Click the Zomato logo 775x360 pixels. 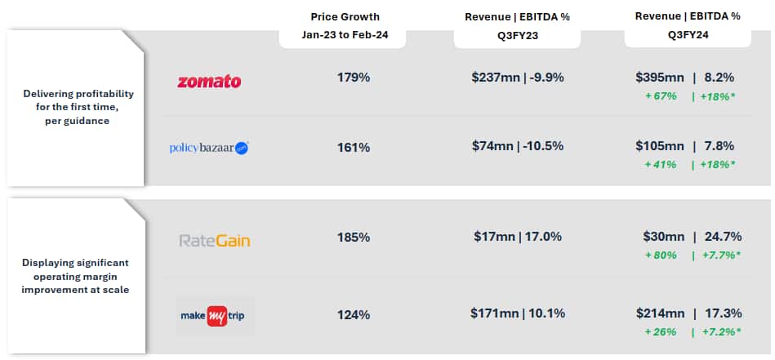coord(209,81)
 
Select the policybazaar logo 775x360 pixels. coord(209,148)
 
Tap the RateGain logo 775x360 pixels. coord(215,241)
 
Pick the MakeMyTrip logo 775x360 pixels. coord(215,315)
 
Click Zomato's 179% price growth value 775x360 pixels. coord(354,78)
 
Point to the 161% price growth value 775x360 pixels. coord(354,148)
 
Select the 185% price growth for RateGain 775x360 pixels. coord(354,238)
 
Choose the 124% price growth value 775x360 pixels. coord(354,314)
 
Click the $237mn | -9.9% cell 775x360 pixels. coord(518,78)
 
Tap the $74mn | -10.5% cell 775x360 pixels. coord(518,146)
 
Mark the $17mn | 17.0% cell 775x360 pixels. coord(518,237)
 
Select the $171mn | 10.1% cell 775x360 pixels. coord(518,313)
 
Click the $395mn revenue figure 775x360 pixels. coord(660,78)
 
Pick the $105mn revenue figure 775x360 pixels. coord(660,146)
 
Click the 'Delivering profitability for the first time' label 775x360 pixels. coord(78,107)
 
